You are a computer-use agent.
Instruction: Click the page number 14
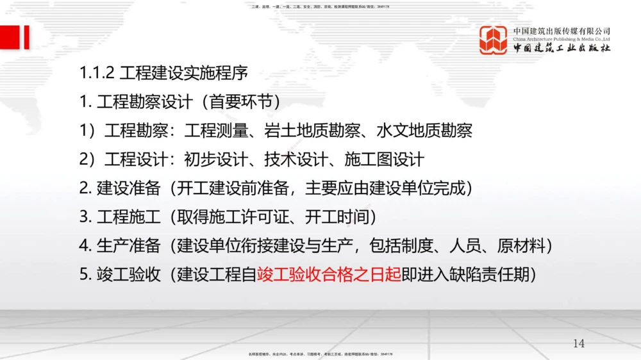[x=579, y=343]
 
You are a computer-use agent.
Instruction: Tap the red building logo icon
[x=494, y=40]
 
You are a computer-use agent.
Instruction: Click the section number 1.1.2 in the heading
[x=97, y=72]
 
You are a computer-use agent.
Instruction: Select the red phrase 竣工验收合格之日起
[x=329, y=274]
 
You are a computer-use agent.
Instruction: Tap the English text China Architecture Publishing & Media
[x=562, y=38]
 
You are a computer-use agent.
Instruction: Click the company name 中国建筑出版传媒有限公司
[x=562, y=31]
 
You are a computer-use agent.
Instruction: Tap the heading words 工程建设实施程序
[x=183, y=72]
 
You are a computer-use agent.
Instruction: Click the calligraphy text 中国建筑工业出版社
[x=562, y=48]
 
